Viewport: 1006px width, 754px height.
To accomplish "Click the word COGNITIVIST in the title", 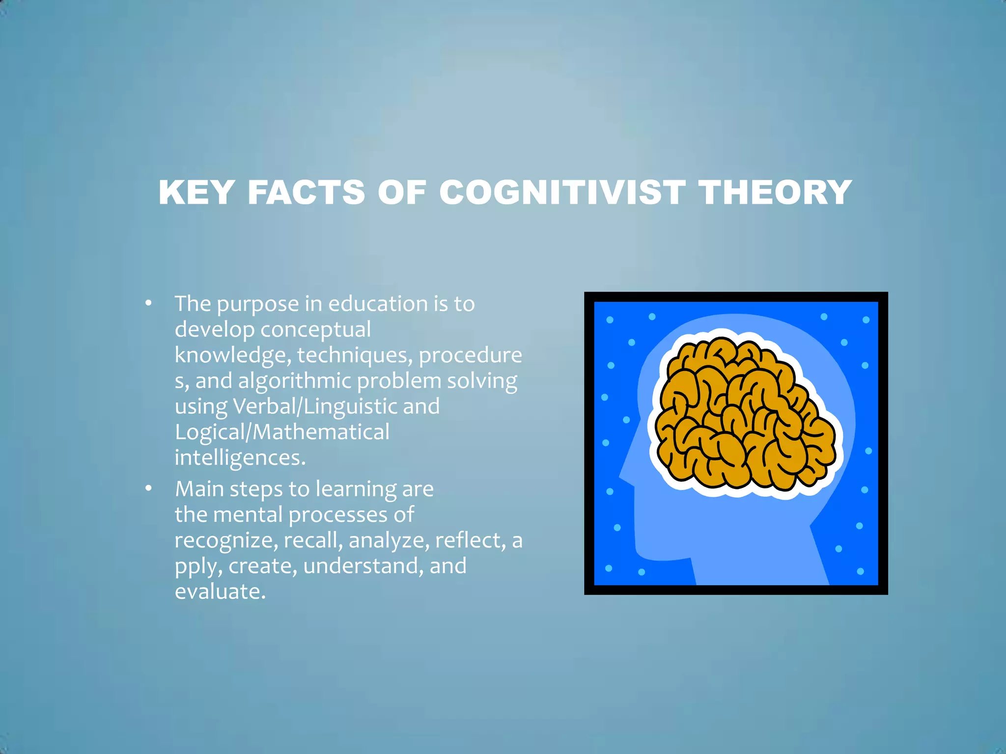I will [x=562, y=192].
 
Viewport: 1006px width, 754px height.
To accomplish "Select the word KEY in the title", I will [x=196, y=192].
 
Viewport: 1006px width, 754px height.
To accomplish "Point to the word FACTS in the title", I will [x=306, y=192].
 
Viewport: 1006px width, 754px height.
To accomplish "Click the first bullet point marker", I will [x=148, y=303].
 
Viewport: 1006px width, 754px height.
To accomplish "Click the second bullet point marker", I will [x=148, y=488].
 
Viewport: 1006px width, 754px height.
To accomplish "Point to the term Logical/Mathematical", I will [x=282, y=432].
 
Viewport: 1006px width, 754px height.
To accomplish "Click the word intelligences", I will [x=240, y=458].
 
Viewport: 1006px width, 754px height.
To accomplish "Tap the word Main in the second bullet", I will [x=199, y=489].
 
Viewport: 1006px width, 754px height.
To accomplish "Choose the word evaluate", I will [x=220, y=592].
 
